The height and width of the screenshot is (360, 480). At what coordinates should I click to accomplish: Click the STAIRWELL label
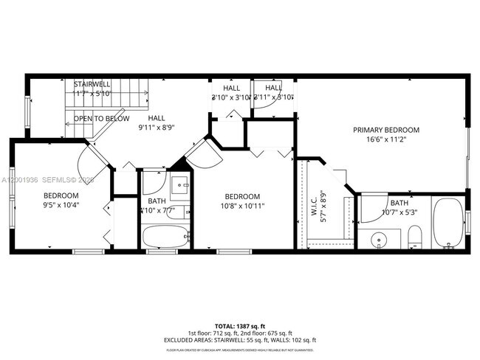click(92, 84)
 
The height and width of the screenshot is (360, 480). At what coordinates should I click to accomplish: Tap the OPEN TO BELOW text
click(101, 119)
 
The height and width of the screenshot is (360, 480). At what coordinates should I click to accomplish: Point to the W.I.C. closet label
click(313, 201)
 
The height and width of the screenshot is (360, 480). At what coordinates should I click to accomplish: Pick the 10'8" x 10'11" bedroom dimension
click(243, 206)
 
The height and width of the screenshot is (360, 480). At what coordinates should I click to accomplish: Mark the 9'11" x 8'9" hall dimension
click(156, 127)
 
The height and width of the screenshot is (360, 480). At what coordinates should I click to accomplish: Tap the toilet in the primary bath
click(414, 238)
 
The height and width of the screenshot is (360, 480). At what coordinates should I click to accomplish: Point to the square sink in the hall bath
click(179, 186)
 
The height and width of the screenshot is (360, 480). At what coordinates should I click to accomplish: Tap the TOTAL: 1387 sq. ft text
click(239, 325)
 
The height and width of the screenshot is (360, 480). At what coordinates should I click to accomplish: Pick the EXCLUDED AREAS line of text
click(239, 339)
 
